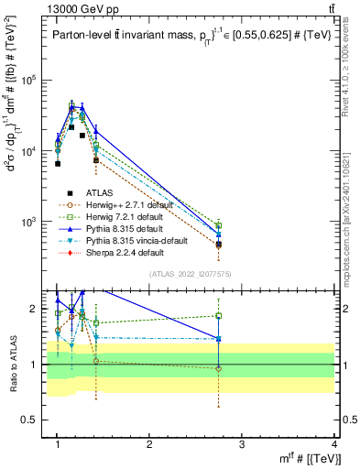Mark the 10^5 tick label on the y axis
point(29,81)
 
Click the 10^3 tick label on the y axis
point(29,222)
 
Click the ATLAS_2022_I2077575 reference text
point(189,274)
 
